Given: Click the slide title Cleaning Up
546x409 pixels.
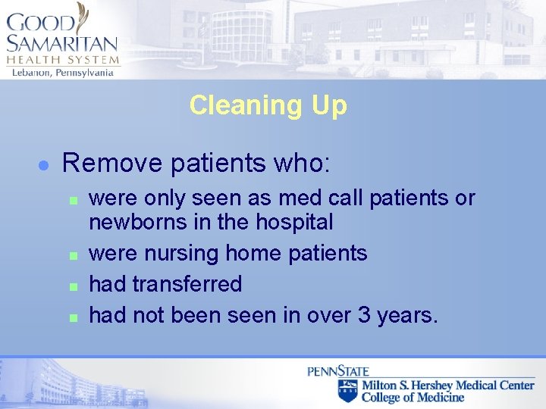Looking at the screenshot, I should pos(268,105).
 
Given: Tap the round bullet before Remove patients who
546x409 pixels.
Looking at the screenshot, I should pos(44,164).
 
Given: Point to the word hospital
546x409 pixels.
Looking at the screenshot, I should pos(294,222).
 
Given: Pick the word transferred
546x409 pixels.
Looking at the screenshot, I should pos(187,284).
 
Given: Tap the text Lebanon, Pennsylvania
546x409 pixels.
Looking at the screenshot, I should pos(62,73).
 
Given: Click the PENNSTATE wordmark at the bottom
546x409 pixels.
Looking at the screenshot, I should pos(337,371).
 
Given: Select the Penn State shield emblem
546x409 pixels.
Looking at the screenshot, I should pos(348,391).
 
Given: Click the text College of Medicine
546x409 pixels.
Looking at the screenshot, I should pos(413,398).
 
